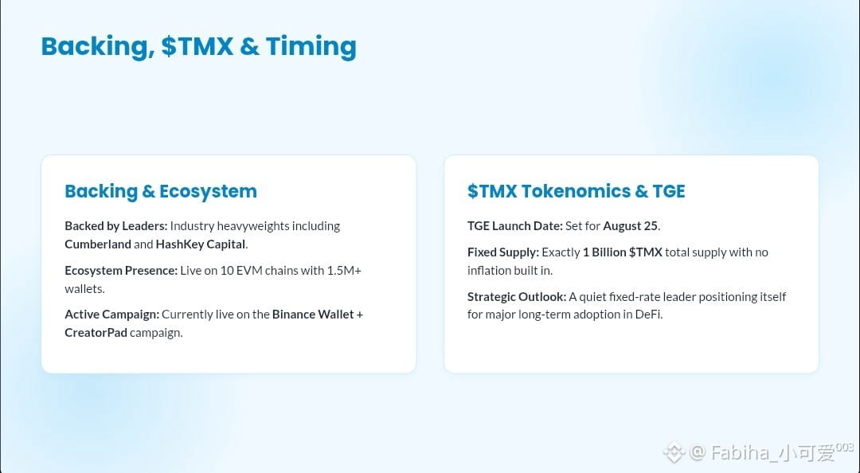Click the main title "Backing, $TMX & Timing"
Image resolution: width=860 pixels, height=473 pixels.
(198, 46)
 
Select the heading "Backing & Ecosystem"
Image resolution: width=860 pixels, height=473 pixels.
(161, 191)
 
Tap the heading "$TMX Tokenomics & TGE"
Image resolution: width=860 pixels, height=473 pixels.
(577, 191)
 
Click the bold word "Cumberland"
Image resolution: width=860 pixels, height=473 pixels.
(98, 244)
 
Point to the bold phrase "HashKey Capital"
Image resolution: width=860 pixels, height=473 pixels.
(200, 244)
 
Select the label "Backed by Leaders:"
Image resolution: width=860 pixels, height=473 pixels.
(116, 226)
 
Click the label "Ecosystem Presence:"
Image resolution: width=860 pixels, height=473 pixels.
(121, 271)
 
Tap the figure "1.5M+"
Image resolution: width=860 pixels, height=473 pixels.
(344, 271)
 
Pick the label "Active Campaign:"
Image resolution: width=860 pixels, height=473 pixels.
(112, 315)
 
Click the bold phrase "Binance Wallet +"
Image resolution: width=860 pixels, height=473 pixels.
(318, 315)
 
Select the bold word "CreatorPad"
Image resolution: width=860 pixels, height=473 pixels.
(96, 333)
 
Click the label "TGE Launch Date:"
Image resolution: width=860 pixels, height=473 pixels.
(515, 226)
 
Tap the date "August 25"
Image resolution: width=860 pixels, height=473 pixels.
(630, 226)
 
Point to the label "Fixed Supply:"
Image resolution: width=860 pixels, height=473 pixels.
(503, 252)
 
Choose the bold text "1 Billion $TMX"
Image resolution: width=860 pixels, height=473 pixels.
(623, 252)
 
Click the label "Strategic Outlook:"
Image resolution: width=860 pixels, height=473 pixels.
(517, 297)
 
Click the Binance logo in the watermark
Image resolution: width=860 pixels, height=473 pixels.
(674, 453)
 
